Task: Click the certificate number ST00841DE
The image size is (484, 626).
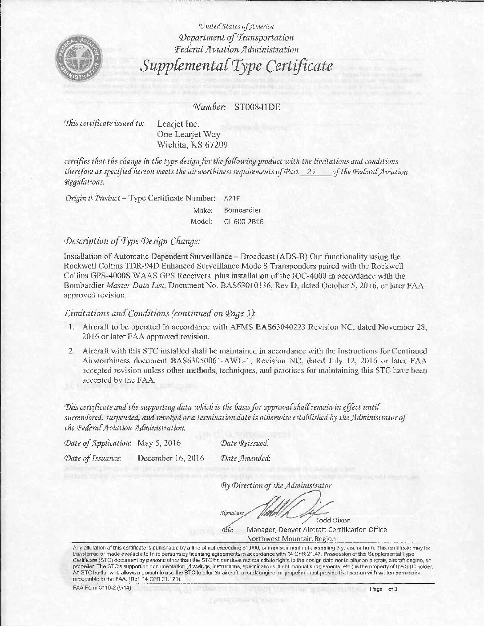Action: (x=255, y=107)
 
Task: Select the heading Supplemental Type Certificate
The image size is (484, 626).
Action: (x=237, y=66)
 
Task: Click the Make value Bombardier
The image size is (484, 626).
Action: (x=242, y=210)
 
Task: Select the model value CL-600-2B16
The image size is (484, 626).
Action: (x=244, y=221)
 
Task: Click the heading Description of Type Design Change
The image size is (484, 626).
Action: (x=132, y=241)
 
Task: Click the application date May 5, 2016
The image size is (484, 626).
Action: (x=159, y=443)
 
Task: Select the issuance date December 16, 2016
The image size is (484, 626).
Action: (x=171, y=457)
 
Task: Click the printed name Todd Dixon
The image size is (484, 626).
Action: (x=333, y=520)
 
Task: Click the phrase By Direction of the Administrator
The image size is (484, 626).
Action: (x=276, y=485)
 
